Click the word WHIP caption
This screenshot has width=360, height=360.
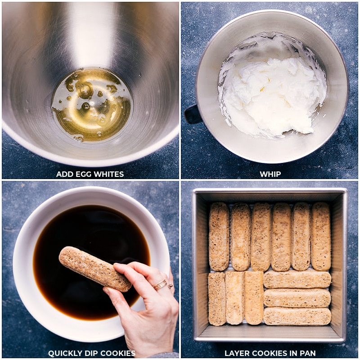(270, 174)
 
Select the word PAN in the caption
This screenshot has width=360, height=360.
(308, 353)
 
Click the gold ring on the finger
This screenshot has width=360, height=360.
(160, 284)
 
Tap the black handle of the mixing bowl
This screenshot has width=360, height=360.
(193, 114)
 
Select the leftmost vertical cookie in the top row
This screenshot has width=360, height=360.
(219, 236)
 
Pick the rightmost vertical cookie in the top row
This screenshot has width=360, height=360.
(321, 236)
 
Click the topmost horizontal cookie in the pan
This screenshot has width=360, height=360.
(297, 279)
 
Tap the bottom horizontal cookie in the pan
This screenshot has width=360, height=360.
(297, 316)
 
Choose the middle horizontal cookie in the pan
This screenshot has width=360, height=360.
(297, 298)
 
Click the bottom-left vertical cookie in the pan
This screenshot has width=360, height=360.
(217, 298)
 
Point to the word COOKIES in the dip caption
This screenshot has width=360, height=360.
(117, 353)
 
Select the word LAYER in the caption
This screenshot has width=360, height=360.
(237, 353)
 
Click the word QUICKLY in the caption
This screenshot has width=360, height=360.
(64, 353)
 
